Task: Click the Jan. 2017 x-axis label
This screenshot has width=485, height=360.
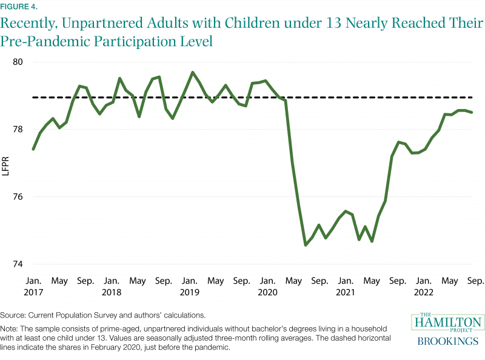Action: point(33,286)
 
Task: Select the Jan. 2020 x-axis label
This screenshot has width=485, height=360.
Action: point(267,286)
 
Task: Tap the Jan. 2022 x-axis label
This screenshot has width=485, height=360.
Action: point(423,286)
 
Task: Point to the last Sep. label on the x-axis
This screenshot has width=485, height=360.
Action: point(475,281)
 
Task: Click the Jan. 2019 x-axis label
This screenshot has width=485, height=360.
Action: point(189,286)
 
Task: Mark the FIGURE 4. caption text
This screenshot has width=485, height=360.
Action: point(19,7)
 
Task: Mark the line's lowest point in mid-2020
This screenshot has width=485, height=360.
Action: point(305,245)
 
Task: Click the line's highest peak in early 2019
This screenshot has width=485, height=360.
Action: point(192,72)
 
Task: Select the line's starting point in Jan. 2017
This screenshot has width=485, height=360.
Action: point(33,149)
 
